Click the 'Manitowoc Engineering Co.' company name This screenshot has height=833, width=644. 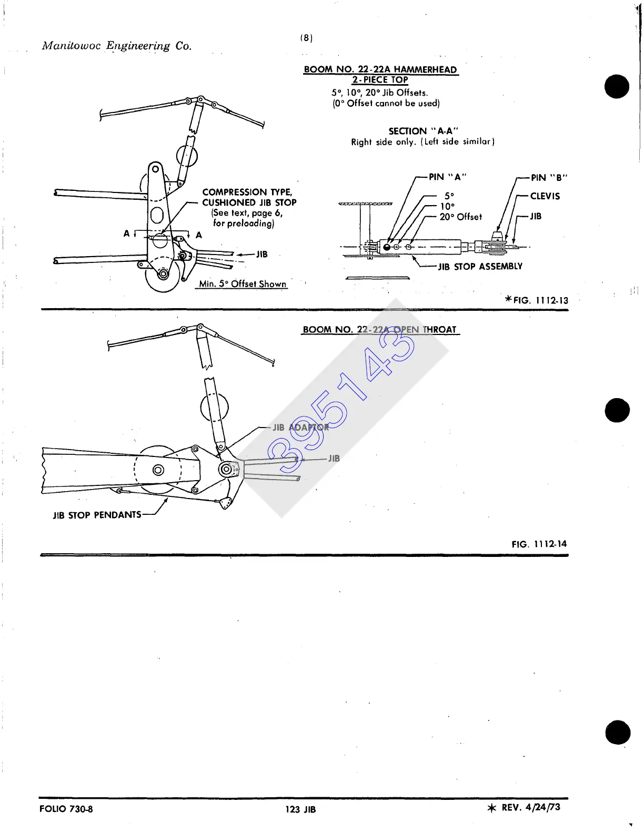coord(117,46)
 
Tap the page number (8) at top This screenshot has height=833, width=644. coord(306,38)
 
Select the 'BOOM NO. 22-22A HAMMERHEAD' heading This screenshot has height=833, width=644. coord(380,69)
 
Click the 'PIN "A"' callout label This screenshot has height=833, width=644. coord(447,177)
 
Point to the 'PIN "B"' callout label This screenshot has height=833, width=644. coord(549,177)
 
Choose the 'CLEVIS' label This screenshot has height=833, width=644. coord(545,196)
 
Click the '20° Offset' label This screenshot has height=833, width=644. coord(460,217)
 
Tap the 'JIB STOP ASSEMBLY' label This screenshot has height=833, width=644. coord(480,267)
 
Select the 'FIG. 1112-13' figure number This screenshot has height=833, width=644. coord(540,300)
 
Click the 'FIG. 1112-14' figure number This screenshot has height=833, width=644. coord(539,544)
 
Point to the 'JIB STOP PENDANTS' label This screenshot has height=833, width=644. coord(97,515)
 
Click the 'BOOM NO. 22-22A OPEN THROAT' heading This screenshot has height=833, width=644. coord(379,330)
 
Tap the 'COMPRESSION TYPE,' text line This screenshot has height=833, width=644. coord(247,192)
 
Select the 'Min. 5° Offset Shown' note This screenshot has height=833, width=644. coord(243,284)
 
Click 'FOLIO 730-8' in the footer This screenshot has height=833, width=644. coord(66,809)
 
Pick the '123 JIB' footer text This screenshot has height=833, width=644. coord(300,809)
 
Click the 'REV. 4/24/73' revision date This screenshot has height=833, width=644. coord(530,807)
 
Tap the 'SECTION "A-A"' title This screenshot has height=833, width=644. coord(423,131)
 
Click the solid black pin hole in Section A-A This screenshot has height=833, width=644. coord(387,247)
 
